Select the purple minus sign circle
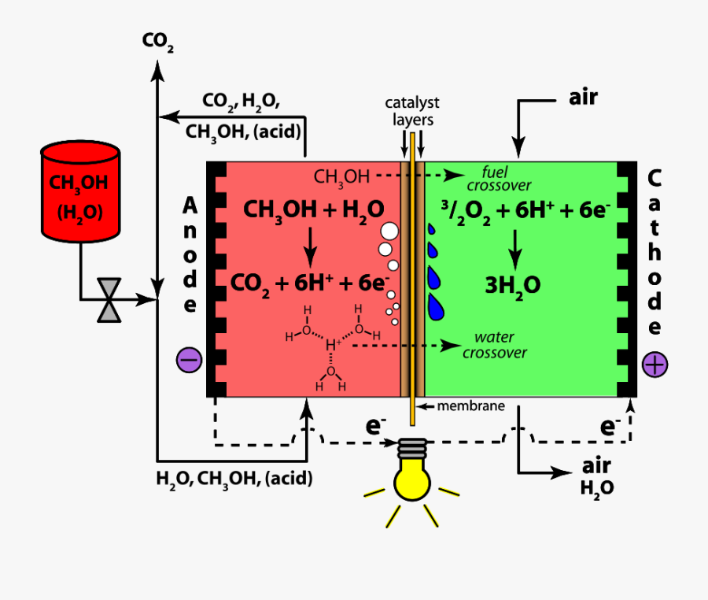pyautogui.click(x=190, y=360)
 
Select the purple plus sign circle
pyautogui.click(x=655, y=364)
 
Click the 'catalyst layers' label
pyautogui.click(x=412, y=111)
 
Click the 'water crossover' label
pyautogui.click(x=494, y=345)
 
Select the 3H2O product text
pyautogui.click(x=514, y=284)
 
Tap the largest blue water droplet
pyautogui.click(x=436, y=305)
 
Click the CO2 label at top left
pyautogui.click(x=158, y=41)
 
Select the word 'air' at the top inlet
pyautogui.click(x=583, y=98)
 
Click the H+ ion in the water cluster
pyautogui.click(x=334, y=345)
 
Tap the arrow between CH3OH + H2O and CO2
pyautogui.click(x=311, y=245)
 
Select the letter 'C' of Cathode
pyautogui.click(x=654, y=178)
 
